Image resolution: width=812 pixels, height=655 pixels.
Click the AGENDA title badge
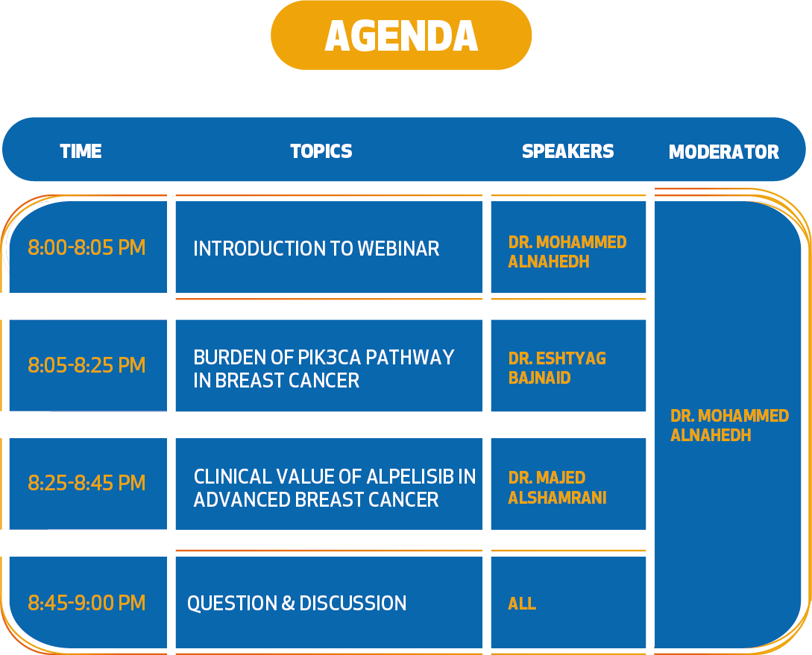[401, 35]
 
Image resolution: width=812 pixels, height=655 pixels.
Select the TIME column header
[81, 151]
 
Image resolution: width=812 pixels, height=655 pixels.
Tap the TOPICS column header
[321, 151]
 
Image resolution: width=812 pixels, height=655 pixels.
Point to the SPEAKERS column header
[567, 151]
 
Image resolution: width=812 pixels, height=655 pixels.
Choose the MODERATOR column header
[723, 151]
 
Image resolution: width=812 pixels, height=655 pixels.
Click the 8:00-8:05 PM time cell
[86, 247]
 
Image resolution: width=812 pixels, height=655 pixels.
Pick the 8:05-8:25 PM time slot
[86, 364]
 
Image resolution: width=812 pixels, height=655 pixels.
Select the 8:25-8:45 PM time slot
[86, 483]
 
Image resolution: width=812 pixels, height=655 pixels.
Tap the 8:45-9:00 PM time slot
[86, 603]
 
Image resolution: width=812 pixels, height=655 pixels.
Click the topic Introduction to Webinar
[316, 248]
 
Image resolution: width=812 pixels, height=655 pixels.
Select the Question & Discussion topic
[297, 604]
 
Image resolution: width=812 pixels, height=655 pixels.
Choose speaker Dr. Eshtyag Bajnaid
[557, 368]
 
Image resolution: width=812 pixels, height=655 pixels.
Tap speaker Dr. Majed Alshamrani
[557, 487]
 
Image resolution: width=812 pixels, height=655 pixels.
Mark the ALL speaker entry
[522, 604]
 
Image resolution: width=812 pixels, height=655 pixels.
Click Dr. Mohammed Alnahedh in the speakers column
[567, 251]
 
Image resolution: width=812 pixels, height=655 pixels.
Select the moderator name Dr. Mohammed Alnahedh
[730, 425]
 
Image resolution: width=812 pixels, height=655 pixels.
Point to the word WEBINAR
[398, 248]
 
